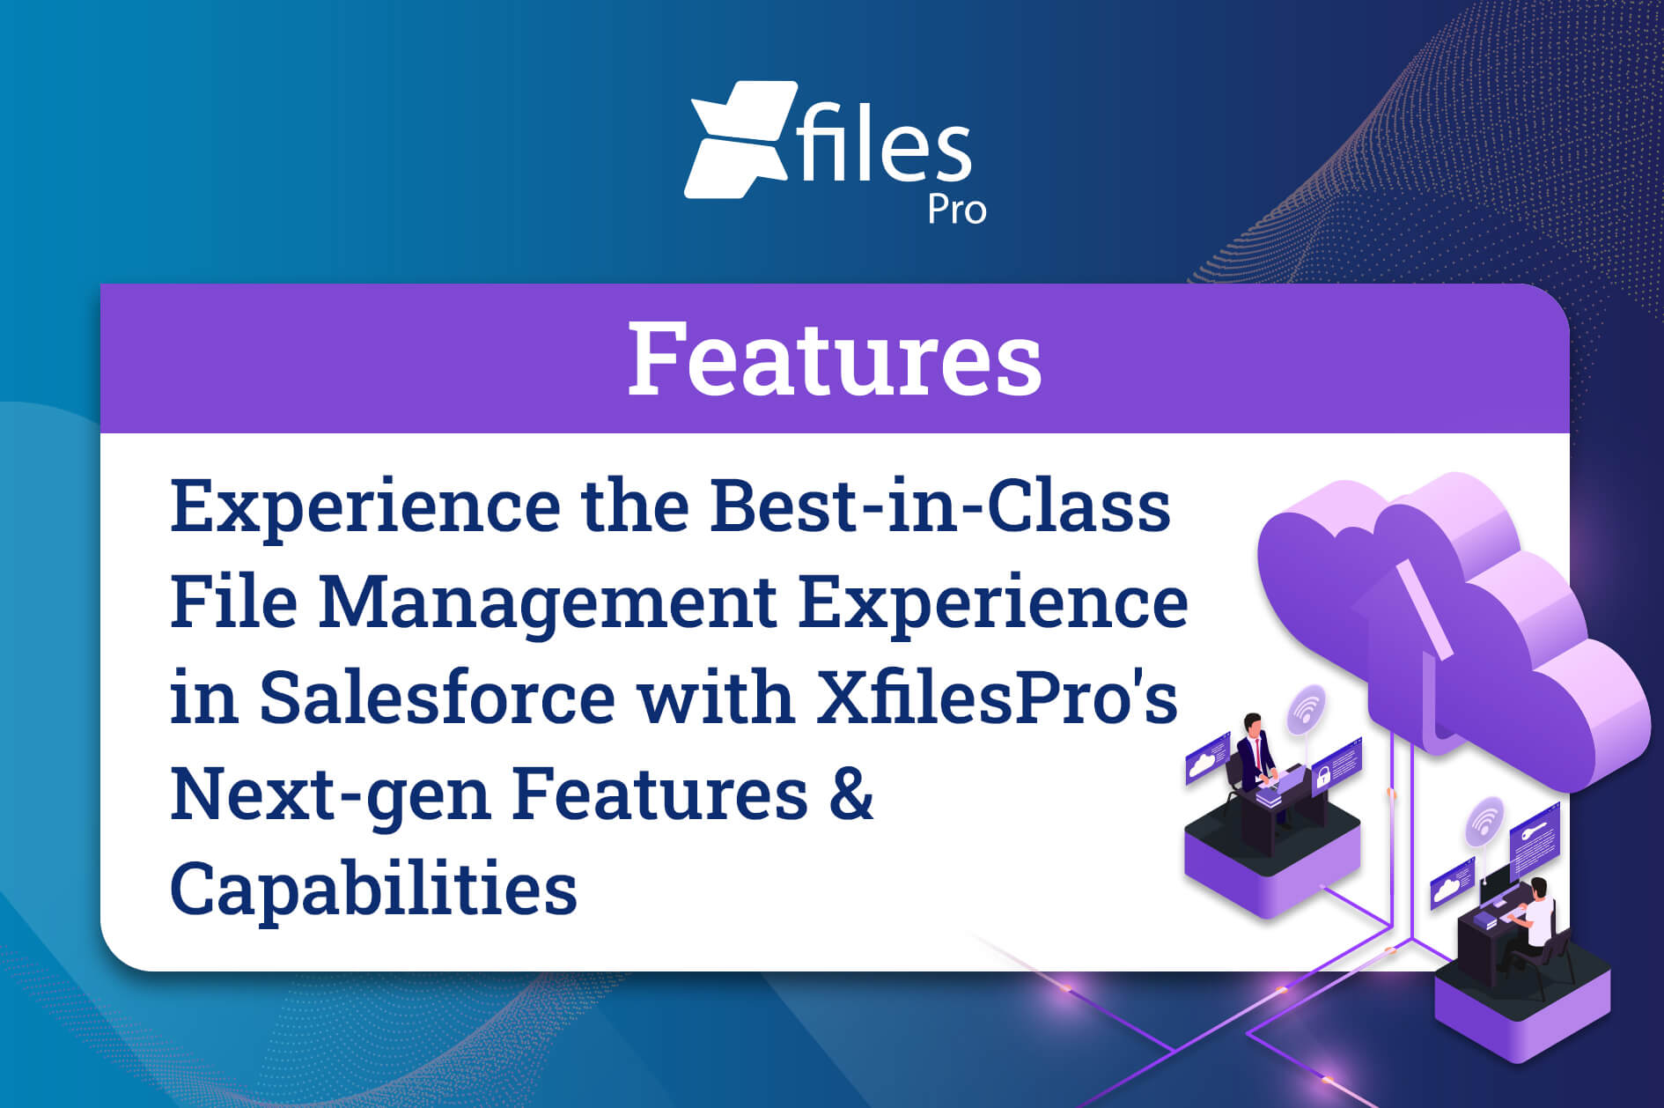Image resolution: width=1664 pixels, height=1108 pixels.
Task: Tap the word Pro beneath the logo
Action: pos(956,211)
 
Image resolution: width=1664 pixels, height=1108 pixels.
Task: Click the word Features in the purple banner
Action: pos(834,358)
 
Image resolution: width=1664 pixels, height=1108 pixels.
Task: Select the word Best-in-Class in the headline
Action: pos(940,506)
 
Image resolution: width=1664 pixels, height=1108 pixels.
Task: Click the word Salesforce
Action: pos(437,697)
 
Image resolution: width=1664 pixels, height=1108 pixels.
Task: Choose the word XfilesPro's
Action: pos(998,697)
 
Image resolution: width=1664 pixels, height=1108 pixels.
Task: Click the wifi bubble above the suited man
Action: pos(1307,709)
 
